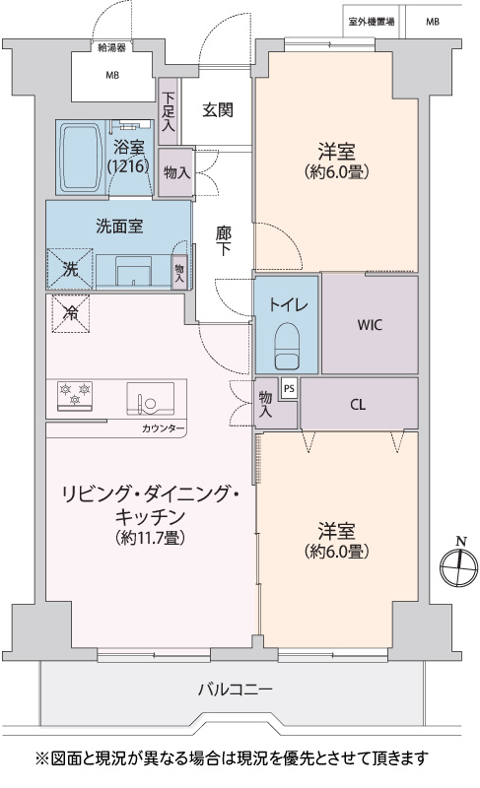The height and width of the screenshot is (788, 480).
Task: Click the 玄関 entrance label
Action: coord(218,110)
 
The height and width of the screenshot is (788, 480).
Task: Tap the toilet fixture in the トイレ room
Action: coord(287,346)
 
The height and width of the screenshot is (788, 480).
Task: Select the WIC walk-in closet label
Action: coord(370,325)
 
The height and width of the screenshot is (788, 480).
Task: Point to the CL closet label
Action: coord(358,405)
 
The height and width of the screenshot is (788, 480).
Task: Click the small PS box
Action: coord(289,388)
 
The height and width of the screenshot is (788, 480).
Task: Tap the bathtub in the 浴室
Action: coord(81,158)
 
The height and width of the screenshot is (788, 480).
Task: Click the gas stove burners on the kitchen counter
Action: coord(74,396)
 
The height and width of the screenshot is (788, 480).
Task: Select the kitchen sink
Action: coord(150,399)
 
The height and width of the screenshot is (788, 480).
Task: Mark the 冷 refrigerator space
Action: coord(71,313)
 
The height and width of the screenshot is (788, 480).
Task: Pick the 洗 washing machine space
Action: coord(70,269)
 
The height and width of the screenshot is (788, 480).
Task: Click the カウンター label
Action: coord(163,428)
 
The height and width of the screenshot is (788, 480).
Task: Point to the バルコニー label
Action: coord(235,689)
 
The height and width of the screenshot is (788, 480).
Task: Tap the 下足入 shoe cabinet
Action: coord(169,111)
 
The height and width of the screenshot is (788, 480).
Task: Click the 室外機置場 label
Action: coord(371,22)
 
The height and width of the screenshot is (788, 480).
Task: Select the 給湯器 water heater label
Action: coord(111,47)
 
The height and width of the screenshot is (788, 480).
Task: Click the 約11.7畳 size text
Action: coord(150,538)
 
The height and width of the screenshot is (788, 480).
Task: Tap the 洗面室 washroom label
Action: coord(119,227)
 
